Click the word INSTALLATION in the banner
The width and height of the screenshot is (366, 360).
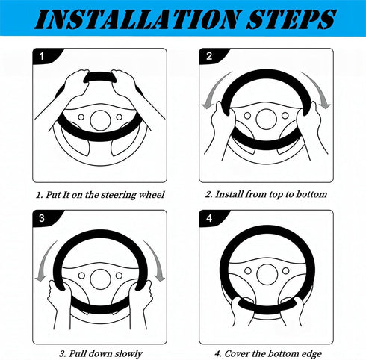click(137, 19)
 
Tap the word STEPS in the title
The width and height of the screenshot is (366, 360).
click(291, 19)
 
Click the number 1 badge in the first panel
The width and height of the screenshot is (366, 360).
click(42, 56)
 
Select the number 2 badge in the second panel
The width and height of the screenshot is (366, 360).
click(209, 56)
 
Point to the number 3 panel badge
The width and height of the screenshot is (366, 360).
click(42, 218)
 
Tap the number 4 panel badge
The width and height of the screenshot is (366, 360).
click(209, 218)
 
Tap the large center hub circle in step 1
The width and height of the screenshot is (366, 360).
click(100, 120)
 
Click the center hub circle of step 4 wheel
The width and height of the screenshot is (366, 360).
click(267, 274)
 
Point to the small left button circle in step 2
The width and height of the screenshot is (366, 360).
click(247, 116)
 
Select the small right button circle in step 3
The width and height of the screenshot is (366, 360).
click(119, 276)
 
